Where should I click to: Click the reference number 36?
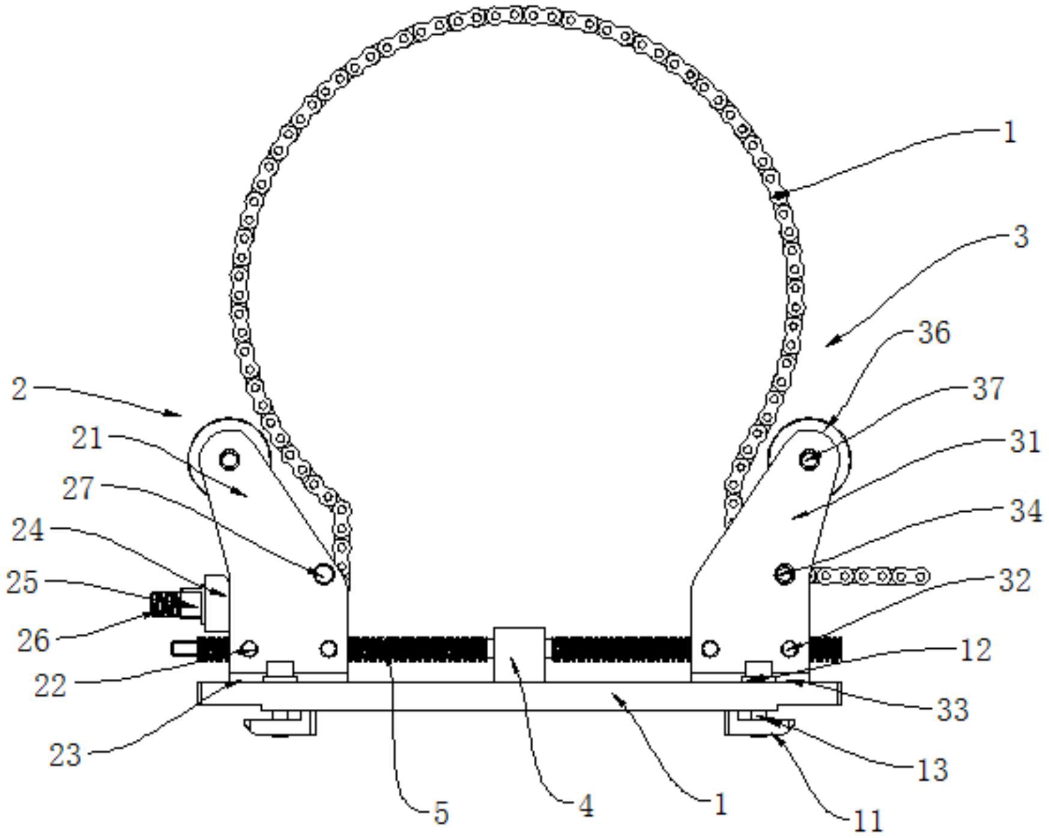[935, 332]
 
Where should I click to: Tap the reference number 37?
[988, 389]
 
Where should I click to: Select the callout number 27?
[79, 488]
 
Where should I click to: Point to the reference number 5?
[441, 813]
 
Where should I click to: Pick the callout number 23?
[65, 755]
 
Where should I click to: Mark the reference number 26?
[33, 640]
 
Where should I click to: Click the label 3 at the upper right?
[1021, 237]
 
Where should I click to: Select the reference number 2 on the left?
[19, 389]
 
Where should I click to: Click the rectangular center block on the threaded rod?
[519, 655]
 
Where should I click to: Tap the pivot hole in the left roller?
[229, 460]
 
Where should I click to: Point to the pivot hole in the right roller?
[810, 460]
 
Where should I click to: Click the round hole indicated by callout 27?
[324, 574]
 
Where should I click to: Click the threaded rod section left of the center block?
[419, 649]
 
